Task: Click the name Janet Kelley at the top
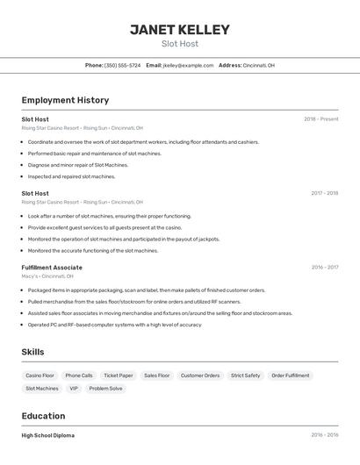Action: pyautogui.click(x=179, y=30)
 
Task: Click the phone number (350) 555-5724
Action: pyautogui.click(x=122, y=65)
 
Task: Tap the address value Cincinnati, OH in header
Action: pyautogui.click(x=258, y=65)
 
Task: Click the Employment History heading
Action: pyautogui.click(x=65, y=100)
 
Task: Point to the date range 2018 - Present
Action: pyautogui.click(x=320, y=119)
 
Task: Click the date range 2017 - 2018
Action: pyautogui.click(x=324, y=193)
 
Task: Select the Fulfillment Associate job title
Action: pyautogui.click(x=52, y=268)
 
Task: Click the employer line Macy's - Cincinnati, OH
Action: pyautogui.click(x=47, y=276)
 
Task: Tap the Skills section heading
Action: pyautogui.click(x=33, y=352)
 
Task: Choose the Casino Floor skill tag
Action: pyautogui.click(x=40, y=376)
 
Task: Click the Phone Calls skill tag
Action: pyautogui.click(x=79, y=376)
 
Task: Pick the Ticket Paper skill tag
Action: pyautogui.click(x=119, y=376)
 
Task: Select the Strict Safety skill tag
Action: pyautogui.click(x=245, y=376)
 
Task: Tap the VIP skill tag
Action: pyautogui.click(x=74, y=389)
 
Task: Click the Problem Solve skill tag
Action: pyautogui.click(x=105, y=389)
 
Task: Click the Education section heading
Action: pyautogui.click(x=43, y=416)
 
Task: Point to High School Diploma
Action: pyautogui.click(x=47, y=435)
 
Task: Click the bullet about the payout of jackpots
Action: pyautogui.click(x=123, y=239)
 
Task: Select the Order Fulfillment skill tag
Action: pyautogui.click(x=290, y=376)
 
